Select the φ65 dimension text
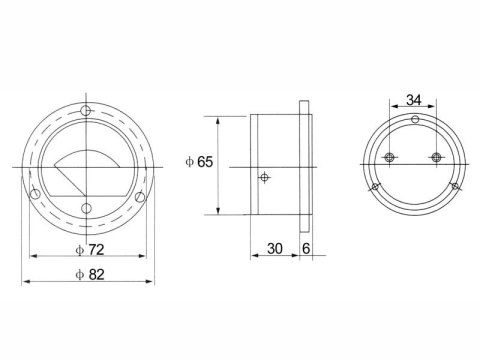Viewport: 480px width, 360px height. (x=200, y=163)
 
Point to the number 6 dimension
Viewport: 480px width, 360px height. (x=305, y=247)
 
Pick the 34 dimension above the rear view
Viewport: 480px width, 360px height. (x=414, y=100)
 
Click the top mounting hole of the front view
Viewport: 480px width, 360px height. (x=87, y=110)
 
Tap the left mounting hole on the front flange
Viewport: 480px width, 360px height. (x=36, y=194)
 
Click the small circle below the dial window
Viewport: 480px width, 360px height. (x=87, y=207)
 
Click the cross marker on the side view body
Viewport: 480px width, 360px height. (x=263, y=178)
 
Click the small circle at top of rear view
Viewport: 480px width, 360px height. (x=414, y=121)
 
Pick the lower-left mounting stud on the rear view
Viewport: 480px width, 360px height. (x=374, y=187)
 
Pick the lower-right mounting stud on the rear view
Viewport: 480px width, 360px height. (x=455, y=187)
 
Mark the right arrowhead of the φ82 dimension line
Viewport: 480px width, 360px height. (x=153, y=283)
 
